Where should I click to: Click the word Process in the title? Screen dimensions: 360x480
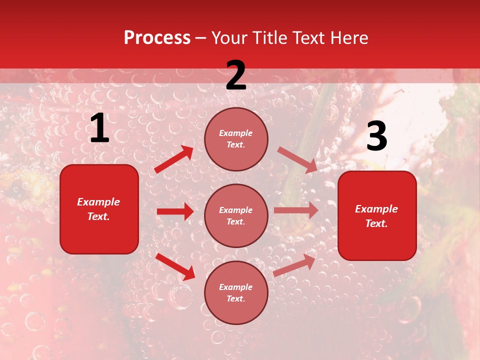(x=157, y=38)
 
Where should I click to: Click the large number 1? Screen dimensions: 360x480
(x=99, y=128)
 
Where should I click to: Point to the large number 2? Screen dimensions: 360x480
(x=236, y=75)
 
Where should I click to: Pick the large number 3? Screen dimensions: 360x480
(x=376, y=136)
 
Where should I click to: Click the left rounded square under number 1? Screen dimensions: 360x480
(x=99, y=209)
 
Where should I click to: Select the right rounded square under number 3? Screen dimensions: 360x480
(x=377, y=216)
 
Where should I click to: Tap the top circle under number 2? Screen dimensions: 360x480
(x=236, y=139)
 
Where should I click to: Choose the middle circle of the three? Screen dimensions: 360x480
(x=236, y=216)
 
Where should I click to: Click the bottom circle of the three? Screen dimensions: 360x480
(x=236, y=293)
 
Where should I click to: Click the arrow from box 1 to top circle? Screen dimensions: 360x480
(x=174, y=159)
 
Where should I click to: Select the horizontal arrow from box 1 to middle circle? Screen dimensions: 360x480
(x=175, y=211)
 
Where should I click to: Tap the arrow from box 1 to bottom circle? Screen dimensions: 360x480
(x=175, y=266)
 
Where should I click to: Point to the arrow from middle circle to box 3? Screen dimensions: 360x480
(x=296, y=210)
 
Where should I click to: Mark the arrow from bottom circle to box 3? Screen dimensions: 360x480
(x=294, y=265)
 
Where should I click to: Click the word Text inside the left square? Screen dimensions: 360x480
(x=98, y=216)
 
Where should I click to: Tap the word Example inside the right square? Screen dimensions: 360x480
(x=376, y=209)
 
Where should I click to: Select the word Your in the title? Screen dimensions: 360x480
(x=228, y=38)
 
